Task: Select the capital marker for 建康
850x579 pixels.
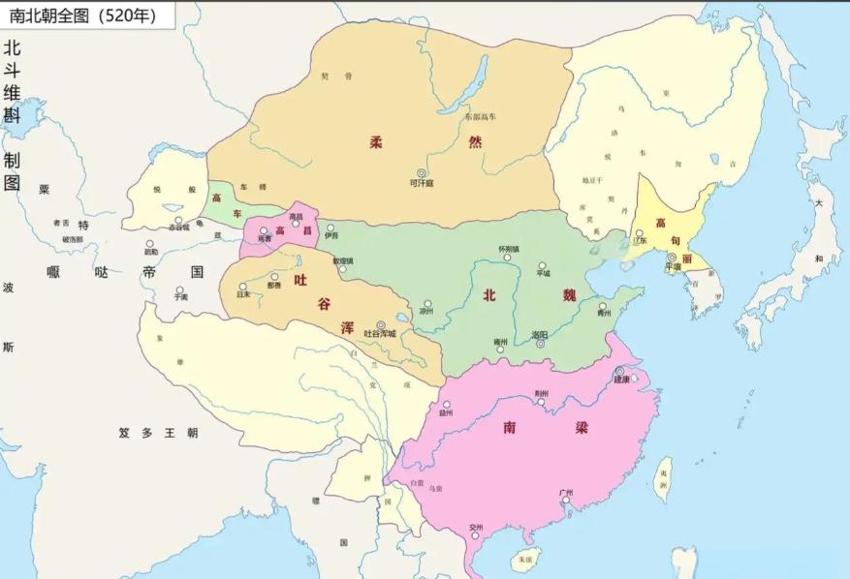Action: click(x=619, y=371)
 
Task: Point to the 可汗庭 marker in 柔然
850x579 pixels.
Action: click(x=421, y=172)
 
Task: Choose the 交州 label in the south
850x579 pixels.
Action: click(x=475, y=528)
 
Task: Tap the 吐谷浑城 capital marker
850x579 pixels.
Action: click(x=380, y=325)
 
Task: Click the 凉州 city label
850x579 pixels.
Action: click(x=426, y=313)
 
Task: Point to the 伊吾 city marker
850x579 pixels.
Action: click(x=331, y=228)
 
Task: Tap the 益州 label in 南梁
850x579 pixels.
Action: click(x=446, y=412)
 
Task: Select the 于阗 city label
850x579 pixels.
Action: click(x=180, y=298)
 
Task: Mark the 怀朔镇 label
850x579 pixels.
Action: click(x=509, y=249)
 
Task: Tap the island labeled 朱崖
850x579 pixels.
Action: click(x=524, y=559)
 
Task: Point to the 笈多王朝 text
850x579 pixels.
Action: click(x=158, y=433)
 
